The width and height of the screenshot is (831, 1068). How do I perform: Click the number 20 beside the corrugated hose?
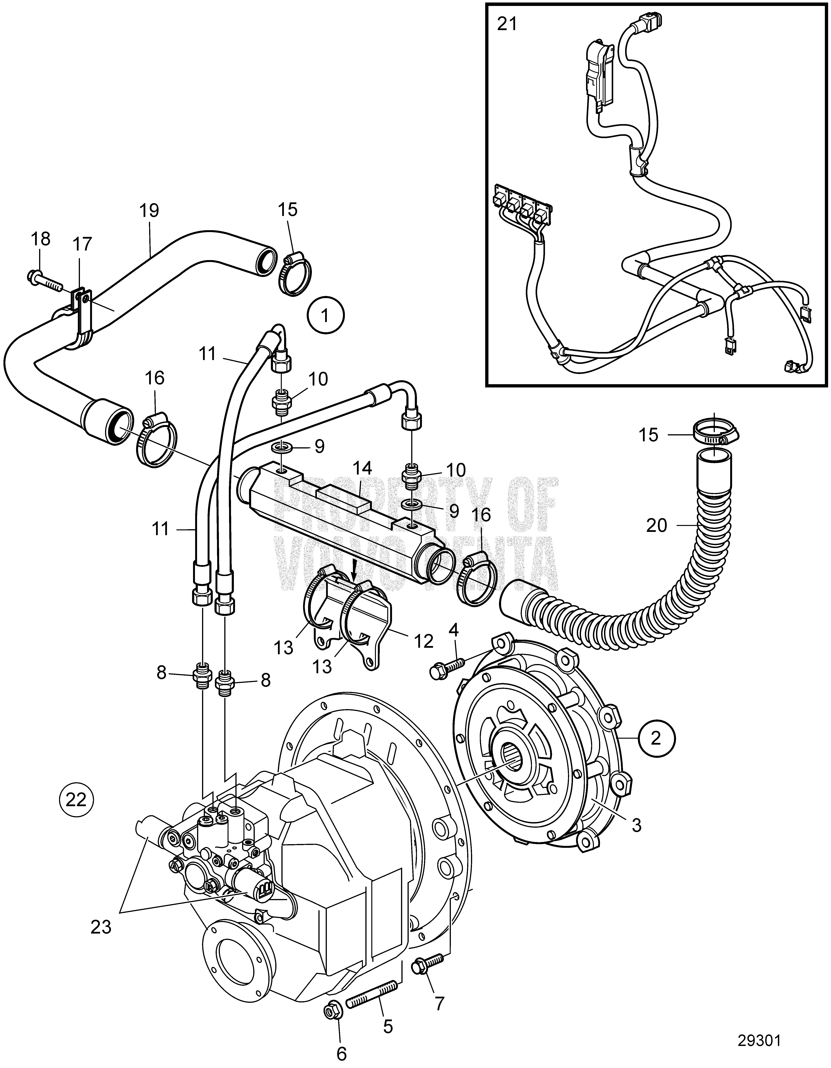pyautogui.click(x=656, y=526)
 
